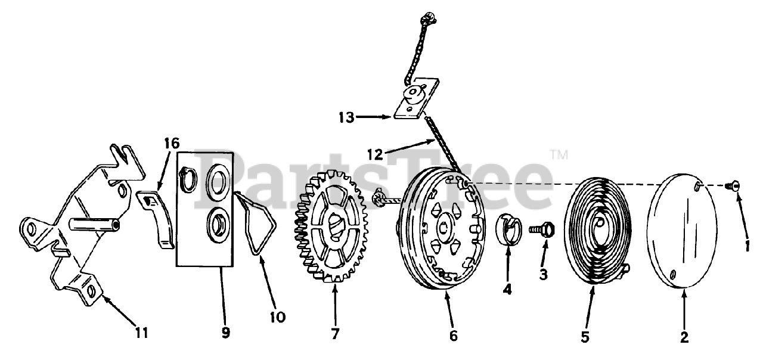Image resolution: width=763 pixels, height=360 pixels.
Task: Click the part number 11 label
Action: point(141,331)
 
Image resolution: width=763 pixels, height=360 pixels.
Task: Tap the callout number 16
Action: point(172,144)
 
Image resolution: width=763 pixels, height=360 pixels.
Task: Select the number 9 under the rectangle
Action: point(225,333)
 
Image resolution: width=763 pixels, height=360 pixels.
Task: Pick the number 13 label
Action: point(346,117)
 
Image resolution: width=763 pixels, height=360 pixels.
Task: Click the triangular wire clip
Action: point(258,221)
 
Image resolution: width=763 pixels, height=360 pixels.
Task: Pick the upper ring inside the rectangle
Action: point(215,182)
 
